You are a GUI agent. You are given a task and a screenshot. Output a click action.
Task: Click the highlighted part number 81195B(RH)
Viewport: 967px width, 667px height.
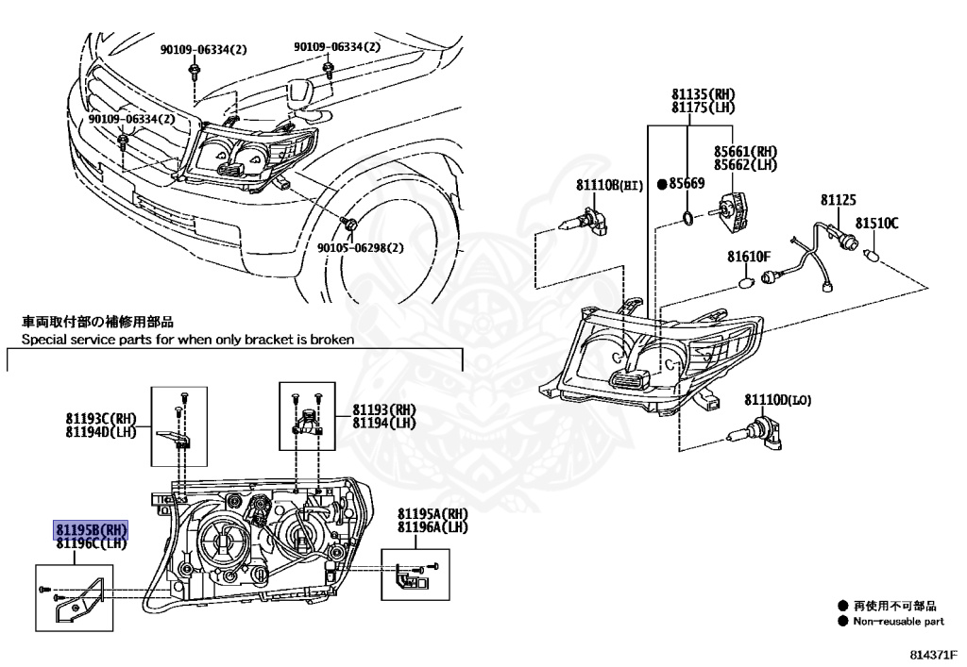pos(89,531)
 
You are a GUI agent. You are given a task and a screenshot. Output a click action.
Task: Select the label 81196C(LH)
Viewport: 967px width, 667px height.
pos(90,543)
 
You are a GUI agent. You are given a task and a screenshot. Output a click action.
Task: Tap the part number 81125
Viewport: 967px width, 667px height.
pos(838,201)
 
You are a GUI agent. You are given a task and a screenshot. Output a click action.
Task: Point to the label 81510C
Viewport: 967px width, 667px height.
pos(877,224)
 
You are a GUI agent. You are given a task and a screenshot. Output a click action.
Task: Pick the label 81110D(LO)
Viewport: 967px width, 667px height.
pos(778,401)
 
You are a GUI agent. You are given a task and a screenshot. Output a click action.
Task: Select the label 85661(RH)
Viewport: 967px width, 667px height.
pos(745,151)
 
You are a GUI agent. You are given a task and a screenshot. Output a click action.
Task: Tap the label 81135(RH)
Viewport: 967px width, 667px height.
pos(703,95)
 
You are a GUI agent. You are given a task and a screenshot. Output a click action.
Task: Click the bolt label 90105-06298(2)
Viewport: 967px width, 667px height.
pos(359,247)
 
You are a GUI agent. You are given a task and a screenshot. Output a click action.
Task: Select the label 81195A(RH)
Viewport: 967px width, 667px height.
pos(433,513)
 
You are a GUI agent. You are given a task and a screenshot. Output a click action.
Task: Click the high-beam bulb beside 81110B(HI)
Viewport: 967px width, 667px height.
pos(583,224)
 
